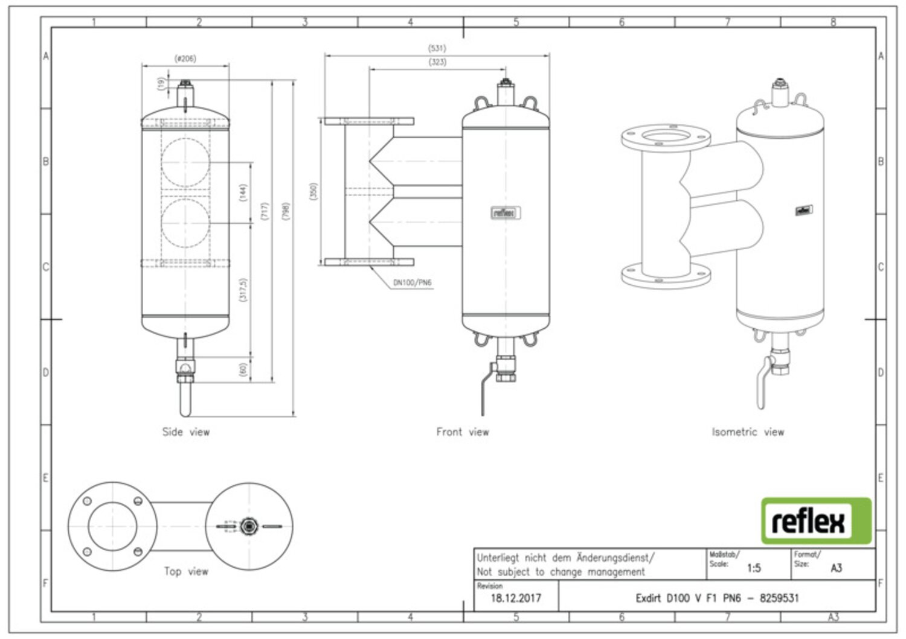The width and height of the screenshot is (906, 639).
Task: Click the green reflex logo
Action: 816,521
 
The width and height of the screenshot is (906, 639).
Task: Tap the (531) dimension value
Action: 437,48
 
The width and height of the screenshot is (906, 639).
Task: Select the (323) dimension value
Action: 437,62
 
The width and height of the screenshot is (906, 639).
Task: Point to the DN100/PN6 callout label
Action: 413,282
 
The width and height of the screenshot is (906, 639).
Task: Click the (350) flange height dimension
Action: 313,192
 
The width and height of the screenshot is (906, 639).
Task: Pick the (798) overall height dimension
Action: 286,211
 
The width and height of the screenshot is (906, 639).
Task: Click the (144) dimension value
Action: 243,193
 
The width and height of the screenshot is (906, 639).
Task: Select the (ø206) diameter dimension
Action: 185,59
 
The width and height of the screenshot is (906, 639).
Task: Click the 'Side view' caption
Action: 185,432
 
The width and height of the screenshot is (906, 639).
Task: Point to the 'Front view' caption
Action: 463,432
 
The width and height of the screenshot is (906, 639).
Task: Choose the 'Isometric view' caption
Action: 748,432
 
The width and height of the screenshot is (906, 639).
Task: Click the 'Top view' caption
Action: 186,571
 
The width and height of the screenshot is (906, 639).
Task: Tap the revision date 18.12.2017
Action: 515,599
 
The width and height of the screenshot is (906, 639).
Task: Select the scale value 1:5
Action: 754,568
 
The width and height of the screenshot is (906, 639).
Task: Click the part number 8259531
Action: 779,599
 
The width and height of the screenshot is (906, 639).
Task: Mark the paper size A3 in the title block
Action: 836,568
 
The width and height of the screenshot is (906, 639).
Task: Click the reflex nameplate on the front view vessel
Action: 504,212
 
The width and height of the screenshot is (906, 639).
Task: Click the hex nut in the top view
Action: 247,526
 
